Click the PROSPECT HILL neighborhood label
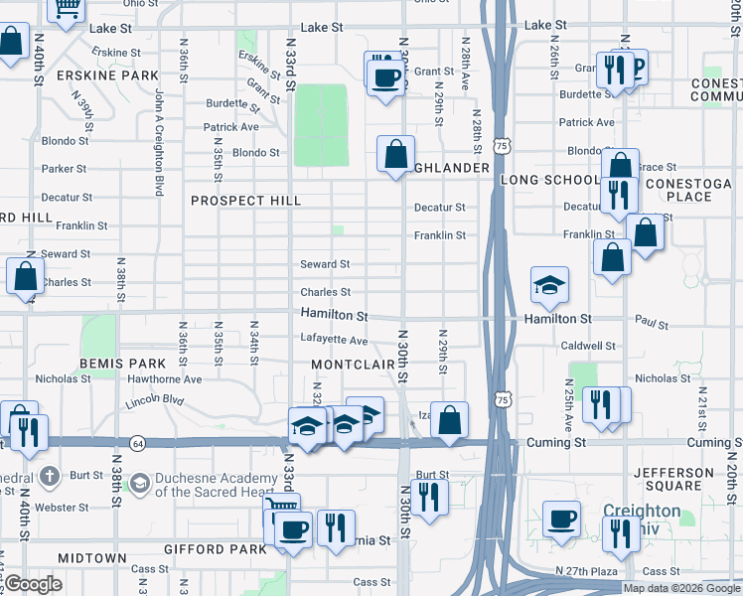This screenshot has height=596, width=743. [245, 201]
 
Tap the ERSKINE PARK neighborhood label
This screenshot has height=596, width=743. [95, 75]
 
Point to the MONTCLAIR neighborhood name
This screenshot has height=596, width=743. [354, 366]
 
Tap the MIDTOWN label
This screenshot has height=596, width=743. [91, 558]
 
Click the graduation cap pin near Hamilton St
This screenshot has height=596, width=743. [549, 285]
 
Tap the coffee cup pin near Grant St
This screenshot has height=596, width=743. [386, 75]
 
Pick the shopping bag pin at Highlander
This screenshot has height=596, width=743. [395, 155]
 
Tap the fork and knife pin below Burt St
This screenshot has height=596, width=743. [429, 495]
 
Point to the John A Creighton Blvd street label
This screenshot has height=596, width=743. [158, 141]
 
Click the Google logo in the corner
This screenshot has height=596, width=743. [34, 585]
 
